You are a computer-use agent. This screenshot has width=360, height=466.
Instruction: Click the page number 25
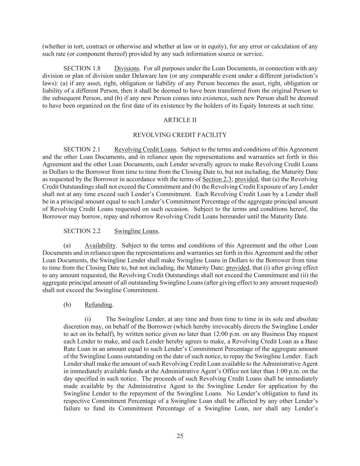pos(180,436)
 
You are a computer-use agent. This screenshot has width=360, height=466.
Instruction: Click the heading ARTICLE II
pos(180,120)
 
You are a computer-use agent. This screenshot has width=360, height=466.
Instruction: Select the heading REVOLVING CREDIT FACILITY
pos(180,135)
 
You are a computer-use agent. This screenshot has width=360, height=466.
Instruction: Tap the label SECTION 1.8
pos(82,68)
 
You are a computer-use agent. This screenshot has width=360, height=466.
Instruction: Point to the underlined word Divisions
pos(127,68)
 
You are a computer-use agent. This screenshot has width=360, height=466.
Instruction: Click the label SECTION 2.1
pos(82,150)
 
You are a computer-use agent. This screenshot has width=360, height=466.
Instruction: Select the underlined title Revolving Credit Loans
pos(145,150)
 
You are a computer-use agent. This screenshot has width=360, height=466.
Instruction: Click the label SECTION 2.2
pos(82,231)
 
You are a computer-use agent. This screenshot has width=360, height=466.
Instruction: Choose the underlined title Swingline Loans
pos(136,231)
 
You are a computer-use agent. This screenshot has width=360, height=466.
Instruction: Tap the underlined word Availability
pos(100,245)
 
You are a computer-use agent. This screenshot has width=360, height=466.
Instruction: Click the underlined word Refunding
pos(98,305)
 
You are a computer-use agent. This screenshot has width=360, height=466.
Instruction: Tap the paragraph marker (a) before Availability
pos(67,245)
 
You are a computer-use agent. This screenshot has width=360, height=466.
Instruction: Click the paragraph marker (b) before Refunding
pos(67,305)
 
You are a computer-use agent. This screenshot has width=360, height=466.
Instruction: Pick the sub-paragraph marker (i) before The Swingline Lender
pos(88,319)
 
